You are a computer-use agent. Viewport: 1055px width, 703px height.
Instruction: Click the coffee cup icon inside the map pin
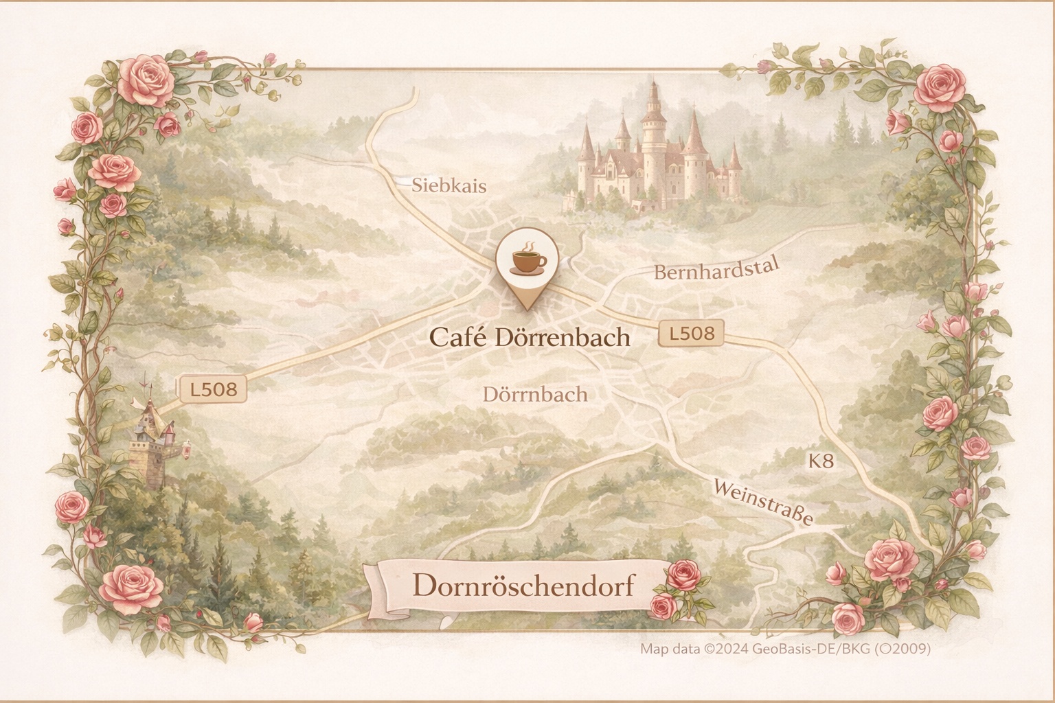point(527,260)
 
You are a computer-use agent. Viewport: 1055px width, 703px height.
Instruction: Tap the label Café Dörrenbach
point(529,337)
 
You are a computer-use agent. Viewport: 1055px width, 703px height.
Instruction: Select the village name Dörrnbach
point(535,394)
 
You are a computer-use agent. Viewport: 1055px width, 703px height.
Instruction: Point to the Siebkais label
point(449,185)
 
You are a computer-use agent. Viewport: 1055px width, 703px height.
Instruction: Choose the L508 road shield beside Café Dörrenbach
point(691,334)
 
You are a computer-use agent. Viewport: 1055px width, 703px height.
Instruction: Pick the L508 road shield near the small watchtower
point(213,389)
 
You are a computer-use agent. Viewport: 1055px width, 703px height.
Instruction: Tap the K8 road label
point(821,461)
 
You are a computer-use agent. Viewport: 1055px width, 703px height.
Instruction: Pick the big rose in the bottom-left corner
point(132,590)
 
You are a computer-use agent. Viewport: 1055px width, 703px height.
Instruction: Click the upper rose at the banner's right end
point(683,574)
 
